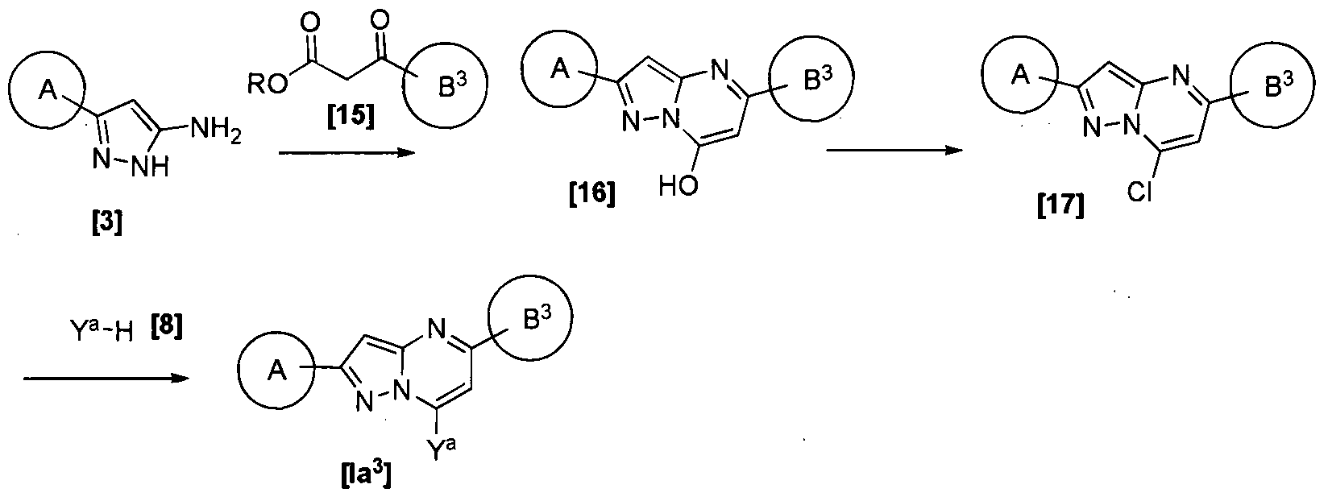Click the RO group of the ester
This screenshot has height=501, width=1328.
(267, 83)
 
